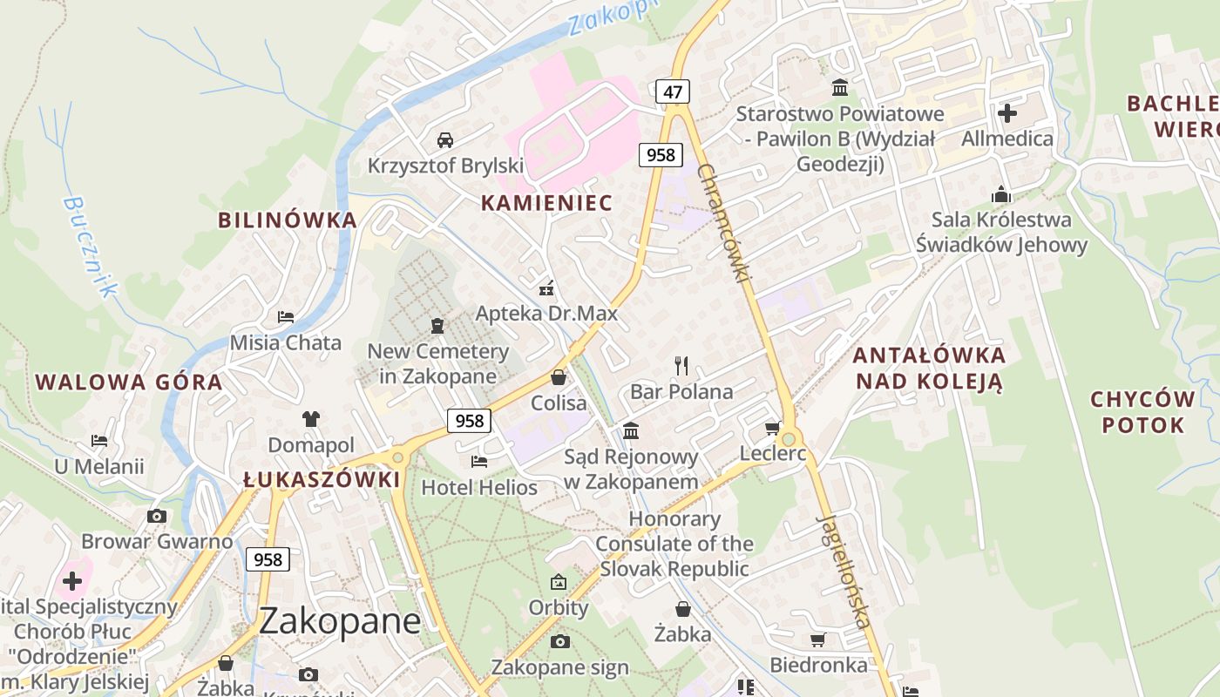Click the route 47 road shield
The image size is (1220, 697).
(x=671, y=91)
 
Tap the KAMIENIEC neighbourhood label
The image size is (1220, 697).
(x=546, y=203)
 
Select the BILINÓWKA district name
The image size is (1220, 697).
(x=288, y=220)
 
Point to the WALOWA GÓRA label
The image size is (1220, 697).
(x=129, y=382)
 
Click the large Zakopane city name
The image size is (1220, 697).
(x=340, y=621)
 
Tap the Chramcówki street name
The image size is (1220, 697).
(x=723, y=223)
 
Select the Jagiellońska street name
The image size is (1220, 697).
(x=844, y=572)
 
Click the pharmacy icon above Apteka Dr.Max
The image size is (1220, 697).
(x=546, y=288)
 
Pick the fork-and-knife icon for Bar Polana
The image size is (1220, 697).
(x=681, y=365)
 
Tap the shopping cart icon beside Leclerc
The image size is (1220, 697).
(x=772, y=428)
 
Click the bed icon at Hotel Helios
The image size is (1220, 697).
(x=478, y=461)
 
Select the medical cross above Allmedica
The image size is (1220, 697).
(x=1007, y=112)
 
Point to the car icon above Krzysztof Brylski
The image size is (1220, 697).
(x=444, y=139)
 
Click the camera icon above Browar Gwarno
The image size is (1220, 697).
(x=157, y=516)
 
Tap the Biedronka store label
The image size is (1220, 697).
(x=818, y=666)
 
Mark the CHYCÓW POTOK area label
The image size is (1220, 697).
(x=1142, y=412)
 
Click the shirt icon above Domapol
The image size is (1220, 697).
(x=310, y=419)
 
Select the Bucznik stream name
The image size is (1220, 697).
(x=89, y=247)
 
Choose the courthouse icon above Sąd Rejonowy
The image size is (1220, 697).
(x=631, y=430)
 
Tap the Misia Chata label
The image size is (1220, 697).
(x=286, y=342)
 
